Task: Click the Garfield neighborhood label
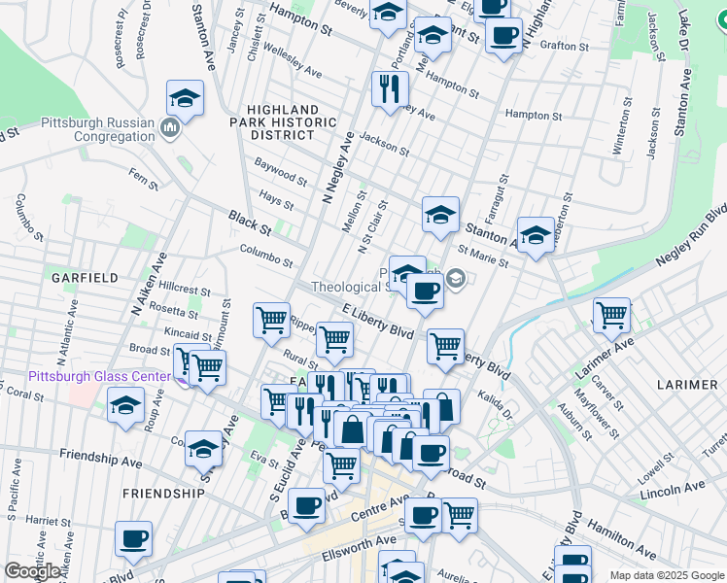tap(86, 278)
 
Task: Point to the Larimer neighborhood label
tap(686, 385)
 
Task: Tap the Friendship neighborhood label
tap(164, 493)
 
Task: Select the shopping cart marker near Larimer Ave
tap(611, 314)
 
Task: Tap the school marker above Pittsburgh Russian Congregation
tap(184, 98)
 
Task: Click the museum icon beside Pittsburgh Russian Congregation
tap(171, 127)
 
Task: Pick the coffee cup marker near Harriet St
tap(133, 538)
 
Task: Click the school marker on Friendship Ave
tap(203, 448)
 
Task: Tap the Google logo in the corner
tap(32, 571)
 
